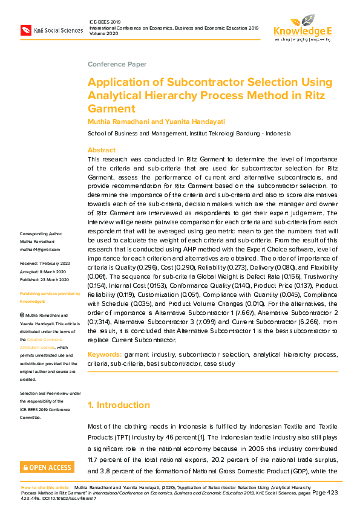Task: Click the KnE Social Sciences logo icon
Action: pos(26,29)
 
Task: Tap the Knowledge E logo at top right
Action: pos(302,28)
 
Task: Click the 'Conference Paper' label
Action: pos(117,64)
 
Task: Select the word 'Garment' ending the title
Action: pos(111,109)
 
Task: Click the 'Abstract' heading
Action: pos(102,150)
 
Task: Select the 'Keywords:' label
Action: pos(105,353)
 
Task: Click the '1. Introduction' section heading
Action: pos(119,405)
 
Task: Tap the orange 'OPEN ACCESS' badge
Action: pos(47,467)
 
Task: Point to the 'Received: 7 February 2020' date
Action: pos(45,264)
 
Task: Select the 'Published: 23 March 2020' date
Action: pos(45,279)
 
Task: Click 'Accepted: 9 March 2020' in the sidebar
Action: pos(43,271)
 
